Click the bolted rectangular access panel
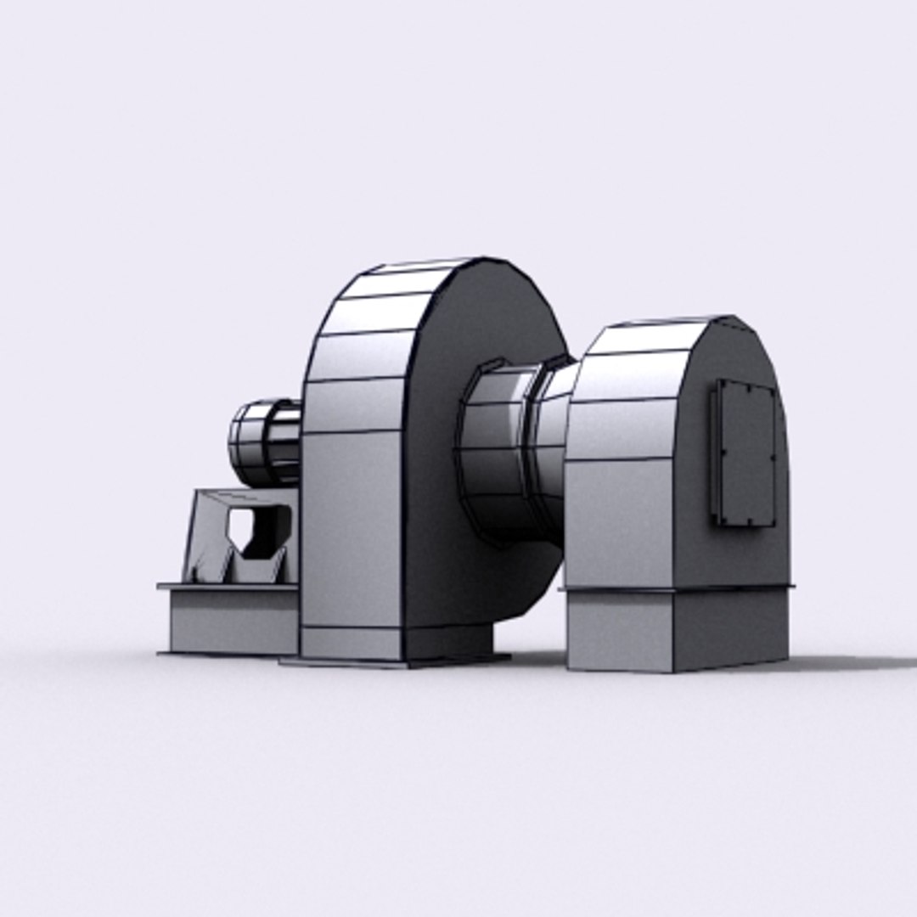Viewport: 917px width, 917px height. [745, 453]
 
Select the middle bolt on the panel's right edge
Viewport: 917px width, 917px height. [774, 458]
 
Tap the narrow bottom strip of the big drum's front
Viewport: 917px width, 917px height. [351, 643]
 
